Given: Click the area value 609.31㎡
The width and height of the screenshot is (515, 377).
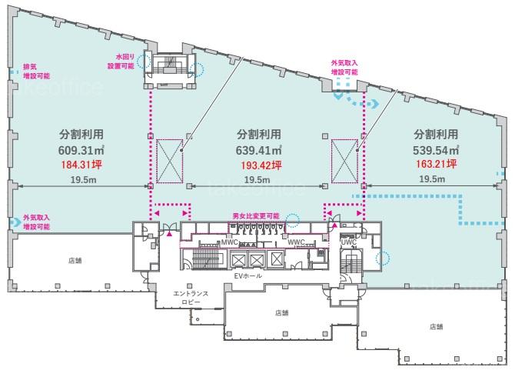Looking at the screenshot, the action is coord(81,150).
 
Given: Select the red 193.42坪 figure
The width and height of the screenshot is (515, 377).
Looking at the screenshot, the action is coord(261,165).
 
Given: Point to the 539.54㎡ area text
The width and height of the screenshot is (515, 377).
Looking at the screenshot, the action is coord(436,150).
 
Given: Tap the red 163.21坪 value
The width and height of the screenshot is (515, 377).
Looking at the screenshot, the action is coord(437,164).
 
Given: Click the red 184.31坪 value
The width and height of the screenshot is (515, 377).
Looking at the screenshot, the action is coord(81,164).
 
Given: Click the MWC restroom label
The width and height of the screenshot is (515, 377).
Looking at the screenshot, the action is coord(229,242).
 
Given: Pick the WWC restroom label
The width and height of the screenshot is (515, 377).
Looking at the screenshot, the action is coord(296,242).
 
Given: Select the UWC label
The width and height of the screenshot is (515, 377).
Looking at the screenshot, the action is coord(348,242).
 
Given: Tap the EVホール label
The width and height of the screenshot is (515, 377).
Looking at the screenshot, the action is coord(248,275).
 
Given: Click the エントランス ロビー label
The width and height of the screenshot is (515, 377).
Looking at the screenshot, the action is coord(191,298).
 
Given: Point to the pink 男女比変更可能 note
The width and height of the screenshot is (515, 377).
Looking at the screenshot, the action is coord(256,216).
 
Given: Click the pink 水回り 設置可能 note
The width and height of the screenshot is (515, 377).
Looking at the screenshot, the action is coord(121,62).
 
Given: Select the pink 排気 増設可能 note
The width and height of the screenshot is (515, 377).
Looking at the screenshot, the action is coord(36,72).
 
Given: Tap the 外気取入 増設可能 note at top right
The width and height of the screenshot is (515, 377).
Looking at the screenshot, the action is coord(344,68).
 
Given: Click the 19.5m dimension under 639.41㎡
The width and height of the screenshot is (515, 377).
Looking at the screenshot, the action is coord(257,180).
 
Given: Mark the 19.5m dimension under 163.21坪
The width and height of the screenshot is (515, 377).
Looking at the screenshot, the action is coord(432,179).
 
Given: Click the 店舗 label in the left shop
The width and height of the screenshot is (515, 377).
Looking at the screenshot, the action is coord(75,260).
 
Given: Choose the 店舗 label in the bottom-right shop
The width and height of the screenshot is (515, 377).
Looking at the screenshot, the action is coord(436,326).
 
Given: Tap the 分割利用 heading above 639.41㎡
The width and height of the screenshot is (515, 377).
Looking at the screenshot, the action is coord(259,134).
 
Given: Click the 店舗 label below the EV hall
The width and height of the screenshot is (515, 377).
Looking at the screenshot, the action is coord(281,312).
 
